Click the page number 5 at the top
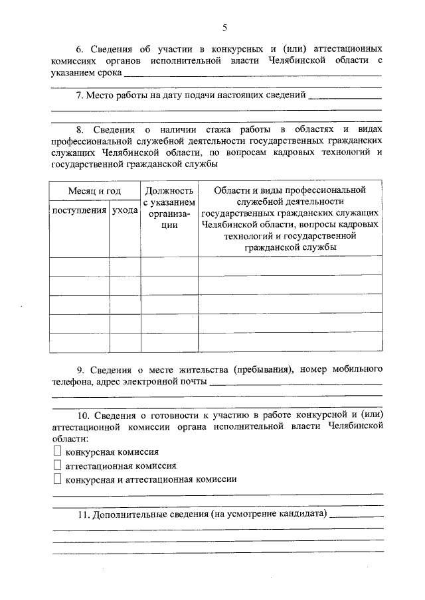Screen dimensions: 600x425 pyautogui.click(x=224, y=27)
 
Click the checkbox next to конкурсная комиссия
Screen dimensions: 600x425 pyautogui.click(x=57, y=451)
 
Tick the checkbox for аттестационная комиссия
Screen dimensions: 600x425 pyautogui.click(x=57, y=465)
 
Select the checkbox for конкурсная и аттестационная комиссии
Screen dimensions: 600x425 pyautogui.click(x=57, y=479)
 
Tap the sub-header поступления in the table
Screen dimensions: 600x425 pyautogui.click(x=79, y=210)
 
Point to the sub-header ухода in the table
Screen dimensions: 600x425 pyautogui.click(x=125, y=210)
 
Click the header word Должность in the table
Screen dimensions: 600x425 pyautogui.click(x=169, y=191)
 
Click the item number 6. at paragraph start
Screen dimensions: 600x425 pyautogui.click(x=78, y=50)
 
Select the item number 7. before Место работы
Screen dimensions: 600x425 pyautogui.click(x=79, y=95)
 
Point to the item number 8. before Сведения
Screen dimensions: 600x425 pyautogui.click(x=79, y=129)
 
